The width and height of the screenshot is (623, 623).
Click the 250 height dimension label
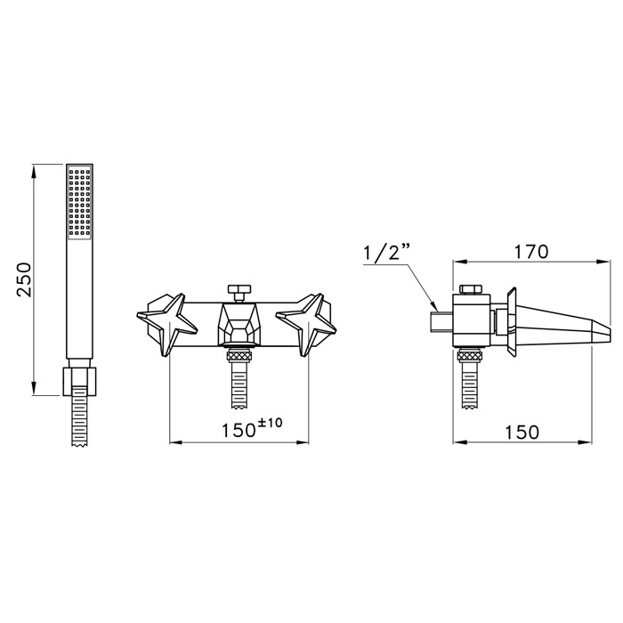tap(24, 279)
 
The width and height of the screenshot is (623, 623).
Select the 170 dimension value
tap(531, 252)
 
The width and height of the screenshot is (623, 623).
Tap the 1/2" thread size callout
tap(384, 252)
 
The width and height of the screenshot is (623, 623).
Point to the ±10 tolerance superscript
tap(271, 422)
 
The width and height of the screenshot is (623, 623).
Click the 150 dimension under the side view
tap(522, 433)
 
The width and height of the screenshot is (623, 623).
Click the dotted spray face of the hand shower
tap(79, 203)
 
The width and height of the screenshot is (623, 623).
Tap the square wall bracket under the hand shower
tap(79, 382)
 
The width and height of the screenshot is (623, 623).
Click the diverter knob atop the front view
tap(239, 292)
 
